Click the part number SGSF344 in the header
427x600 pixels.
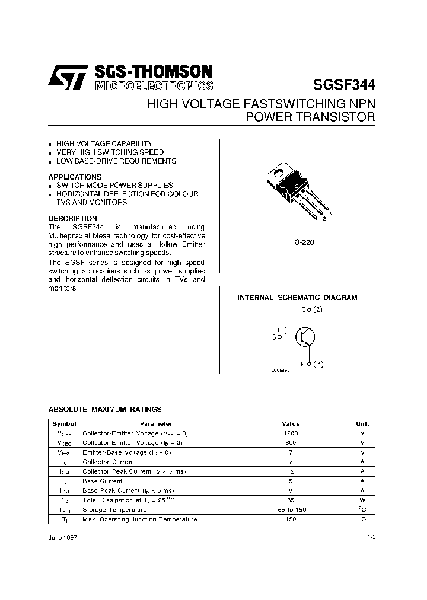343,84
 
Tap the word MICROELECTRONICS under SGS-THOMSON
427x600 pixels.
153,86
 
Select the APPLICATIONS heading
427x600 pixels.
75,177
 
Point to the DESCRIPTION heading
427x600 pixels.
72,219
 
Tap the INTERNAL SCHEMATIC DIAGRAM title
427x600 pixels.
298,298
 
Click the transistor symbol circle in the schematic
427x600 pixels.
305,337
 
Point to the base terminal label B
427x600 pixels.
275,337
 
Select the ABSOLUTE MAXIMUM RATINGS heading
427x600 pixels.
104,410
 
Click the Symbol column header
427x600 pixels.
64,424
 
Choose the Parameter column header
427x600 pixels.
156,424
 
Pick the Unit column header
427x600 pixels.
362,424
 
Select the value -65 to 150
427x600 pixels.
291,510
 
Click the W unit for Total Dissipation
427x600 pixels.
362,500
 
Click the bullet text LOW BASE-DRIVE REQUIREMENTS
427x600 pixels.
116,161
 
